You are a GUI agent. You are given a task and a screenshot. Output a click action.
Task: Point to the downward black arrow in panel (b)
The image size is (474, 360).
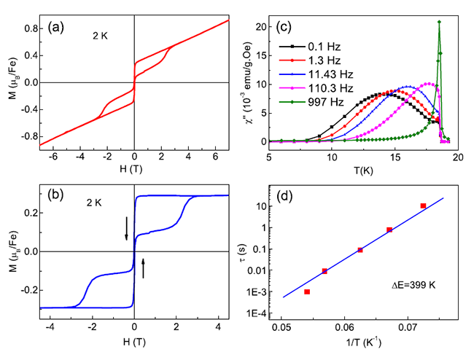coord(126,228)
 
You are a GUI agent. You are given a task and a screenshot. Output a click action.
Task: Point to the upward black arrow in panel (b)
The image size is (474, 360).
coord(143,267)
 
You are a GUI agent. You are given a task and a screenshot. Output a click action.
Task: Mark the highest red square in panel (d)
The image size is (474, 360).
coord(423,206)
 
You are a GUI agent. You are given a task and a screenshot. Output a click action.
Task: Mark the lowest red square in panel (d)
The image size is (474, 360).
coord(307,291)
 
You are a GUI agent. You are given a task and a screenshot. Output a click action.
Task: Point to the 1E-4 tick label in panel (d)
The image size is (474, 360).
coord(267,314)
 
